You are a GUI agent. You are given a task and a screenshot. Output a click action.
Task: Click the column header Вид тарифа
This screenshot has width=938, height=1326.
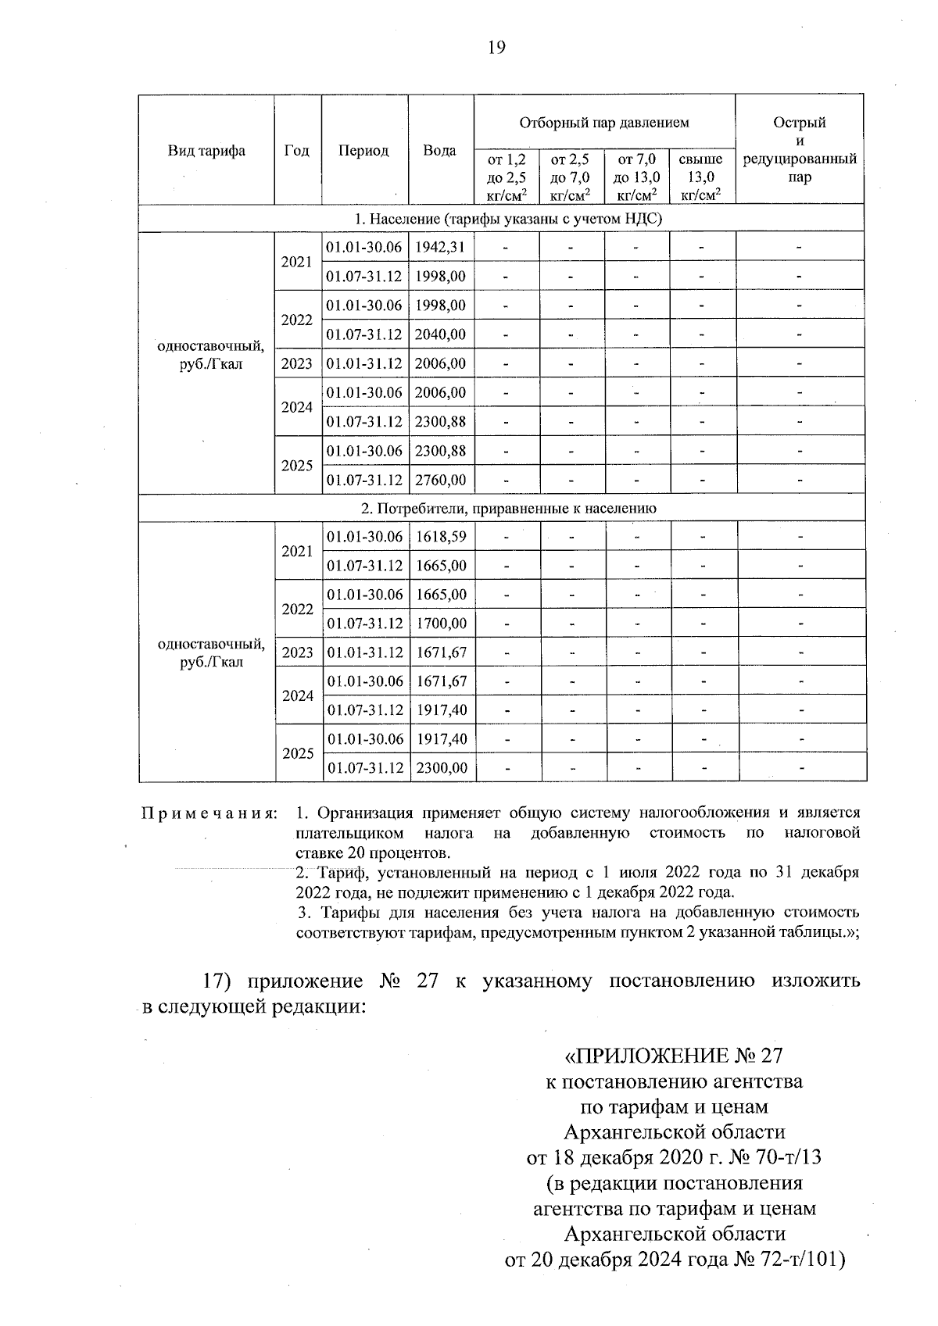206,151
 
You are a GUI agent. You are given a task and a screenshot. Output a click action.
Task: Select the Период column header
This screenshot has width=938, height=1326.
363,151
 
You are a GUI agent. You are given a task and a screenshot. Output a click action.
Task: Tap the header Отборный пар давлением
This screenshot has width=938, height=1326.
604,123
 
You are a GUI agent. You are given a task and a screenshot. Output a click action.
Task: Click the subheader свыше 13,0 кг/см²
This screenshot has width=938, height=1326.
701,177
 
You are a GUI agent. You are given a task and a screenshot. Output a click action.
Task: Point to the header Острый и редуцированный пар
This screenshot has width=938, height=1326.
800,149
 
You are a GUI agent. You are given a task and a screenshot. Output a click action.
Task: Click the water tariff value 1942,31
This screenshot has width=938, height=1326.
441,248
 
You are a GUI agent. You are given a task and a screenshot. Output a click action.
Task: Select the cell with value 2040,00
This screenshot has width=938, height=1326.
441,334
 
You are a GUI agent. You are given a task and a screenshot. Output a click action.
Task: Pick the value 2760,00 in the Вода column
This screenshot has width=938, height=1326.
441,480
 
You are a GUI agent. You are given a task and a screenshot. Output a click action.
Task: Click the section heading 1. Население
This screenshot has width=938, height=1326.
500,219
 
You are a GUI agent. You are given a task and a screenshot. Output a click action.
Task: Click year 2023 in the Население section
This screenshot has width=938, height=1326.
297,364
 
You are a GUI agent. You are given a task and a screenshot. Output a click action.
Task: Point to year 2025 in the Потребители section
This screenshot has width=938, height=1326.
298,754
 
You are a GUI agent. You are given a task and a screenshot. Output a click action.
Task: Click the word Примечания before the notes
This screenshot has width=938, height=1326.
209,813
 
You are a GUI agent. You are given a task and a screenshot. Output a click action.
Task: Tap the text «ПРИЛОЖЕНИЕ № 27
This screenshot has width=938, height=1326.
673,1056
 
